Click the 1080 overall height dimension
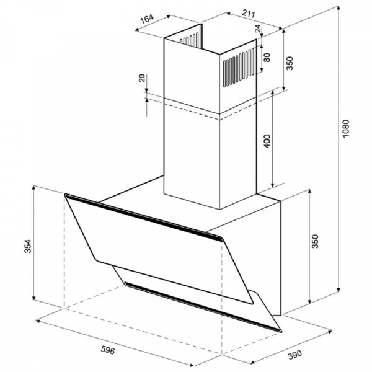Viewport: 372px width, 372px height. click(347, 128)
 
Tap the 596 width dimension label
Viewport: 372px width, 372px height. click(108, 350)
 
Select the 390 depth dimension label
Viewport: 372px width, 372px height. click(295, 355)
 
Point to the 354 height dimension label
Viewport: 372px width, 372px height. click(28, 246)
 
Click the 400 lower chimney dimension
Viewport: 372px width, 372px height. click(267, 141)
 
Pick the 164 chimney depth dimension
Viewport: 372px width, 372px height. click(147, 19)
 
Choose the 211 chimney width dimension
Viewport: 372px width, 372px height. click(248, 13)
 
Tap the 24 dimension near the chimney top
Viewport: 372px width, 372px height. click(258, 29)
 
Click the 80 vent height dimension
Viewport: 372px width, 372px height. click(267, 57)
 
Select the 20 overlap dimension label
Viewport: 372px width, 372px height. click(142, 78)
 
